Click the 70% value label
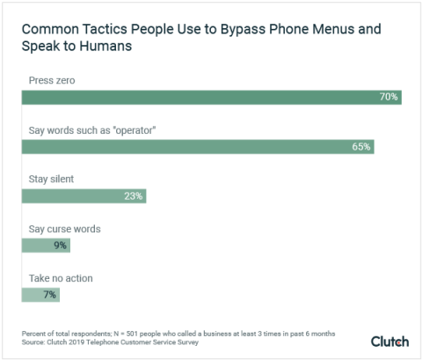389,97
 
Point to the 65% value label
360,146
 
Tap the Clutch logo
389,341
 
